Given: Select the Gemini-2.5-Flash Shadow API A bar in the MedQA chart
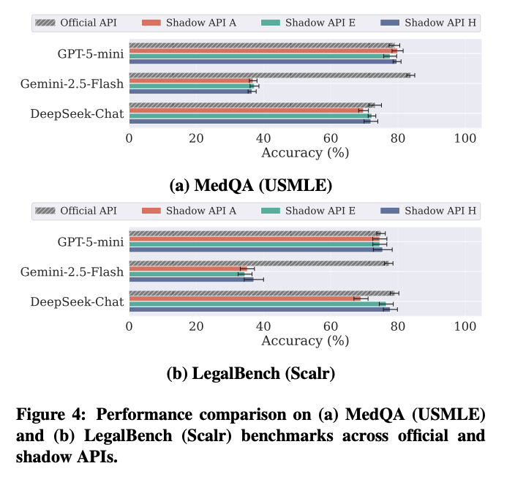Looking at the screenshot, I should [190, 80].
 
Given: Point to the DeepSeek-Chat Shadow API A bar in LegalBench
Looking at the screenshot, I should [241, 298].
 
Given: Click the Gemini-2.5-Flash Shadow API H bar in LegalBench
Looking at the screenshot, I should [191, 279].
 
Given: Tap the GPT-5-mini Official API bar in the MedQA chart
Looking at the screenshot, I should [260, 45].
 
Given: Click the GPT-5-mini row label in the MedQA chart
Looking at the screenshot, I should [91, 53].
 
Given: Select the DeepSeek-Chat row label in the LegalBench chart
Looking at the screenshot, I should [77, 301].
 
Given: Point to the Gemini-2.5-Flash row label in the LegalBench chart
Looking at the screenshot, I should [72, 271].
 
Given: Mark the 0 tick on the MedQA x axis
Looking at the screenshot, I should [129, 138].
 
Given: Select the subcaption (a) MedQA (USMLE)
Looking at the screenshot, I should [250, 185].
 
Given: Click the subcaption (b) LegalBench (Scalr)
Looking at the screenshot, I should [250, 373].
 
